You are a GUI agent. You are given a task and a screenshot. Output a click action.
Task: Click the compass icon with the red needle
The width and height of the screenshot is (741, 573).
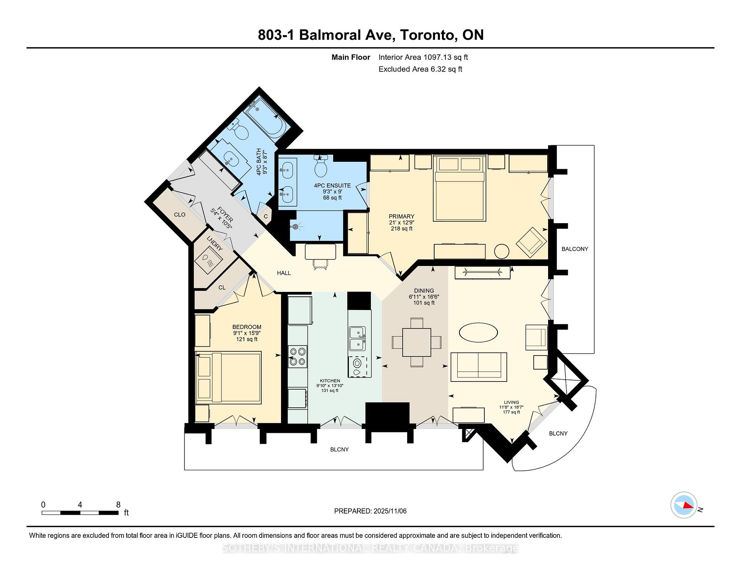684,505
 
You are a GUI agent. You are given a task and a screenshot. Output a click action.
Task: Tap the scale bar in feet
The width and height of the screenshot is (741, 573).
80,513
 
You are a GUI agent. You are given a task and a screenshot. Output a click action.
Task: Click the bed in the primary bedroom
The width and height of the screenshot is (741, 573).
459,188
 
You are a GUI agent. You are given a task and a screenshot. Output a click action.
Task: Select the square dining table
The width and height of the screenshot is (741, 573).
417,342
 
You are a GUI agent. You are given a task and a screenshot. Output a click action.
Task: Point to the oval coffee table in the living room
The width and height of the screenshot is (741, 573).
478,332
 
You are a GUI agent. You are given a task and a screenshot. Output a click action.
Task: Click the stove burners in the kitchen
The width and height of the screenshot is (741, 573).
298,356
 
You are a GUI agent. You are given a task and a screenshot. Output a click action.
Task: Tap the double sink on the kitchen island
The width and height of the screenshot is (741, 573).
357,339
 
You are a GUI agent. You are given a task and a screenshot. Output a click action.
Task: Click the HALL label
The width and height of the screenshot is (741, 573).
284,273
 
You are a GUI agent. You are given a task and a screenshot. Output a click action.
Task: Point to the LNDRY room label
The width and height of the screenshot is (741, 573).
215,243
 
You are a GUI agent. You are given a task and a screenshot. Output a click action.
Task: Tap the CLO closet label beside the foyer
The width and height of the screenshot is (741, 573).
179,215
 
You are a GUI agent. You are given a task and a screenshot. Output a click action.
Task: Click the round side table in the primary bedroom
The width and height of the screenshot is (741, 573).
502,251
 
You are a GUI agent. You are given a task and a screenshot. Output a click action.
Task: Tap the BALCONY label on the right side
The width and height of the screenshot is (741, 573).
575,249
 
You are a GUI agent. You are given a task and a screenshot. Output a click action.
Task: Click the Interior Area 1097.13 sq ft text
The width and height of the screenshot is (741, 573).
423,57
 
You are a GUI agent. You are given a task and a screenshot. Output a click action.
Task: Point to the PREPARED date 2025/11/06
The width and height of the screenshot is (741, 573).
370,511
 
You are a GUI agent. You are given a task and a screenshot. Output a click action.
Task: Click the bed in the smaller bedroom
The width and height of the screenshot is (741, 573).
228,377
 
